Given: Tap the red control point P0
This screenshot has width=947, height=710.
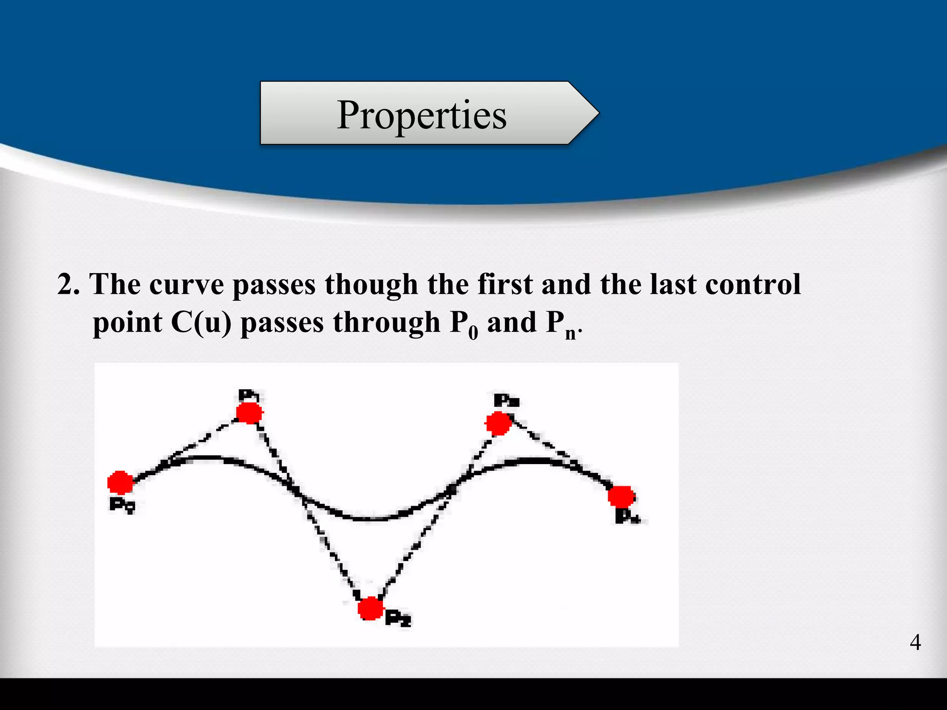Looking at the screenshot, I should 120,483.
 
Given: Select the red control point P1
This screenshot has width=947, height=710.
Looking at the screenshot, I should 249,413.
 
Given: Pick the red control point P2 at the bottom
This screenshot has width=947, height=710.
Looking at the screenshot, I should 371,608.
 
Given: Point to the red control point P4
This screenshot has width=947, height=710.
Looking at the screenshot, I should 621,497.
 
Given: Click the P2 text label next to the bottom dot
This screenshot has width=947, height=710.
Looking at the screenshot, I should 398,618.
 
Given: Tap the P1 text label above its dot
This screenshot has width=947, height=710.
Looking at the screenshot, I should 249,395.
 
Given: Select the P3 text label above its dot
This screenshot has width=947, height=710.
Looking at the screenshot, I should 506,400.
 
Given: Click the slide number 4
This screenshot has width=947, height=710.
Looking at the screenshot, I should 915,643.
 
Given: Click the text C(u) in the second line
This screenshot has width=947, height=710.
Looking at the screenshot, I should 201,322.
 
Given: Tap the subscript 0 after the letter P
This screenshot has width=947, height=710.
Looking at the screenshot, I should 473,333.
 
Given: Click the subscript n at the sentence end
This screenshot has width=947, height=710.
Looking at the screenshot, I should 571,334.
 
